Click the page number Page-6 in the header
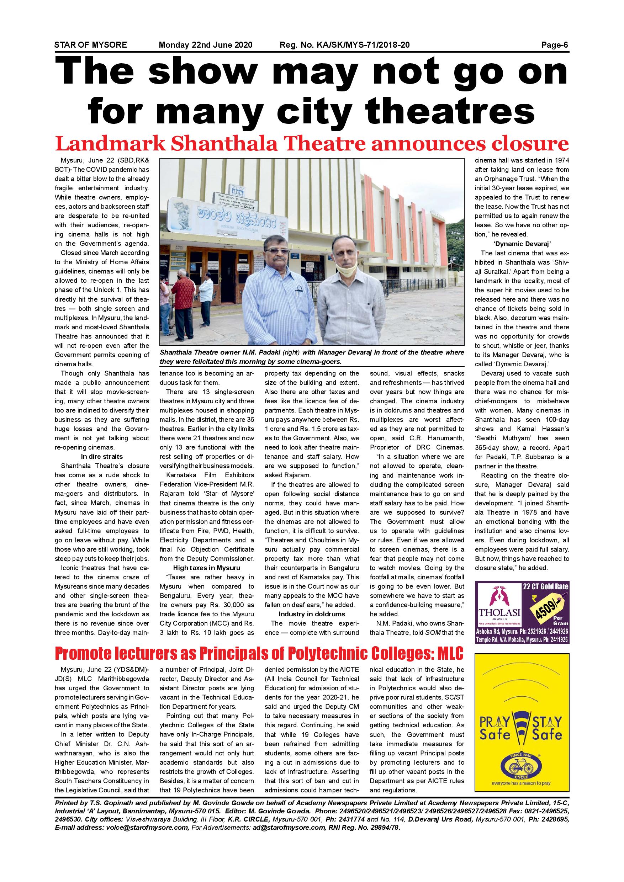coord(555,45)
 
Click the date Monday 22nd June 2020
coord(206,45)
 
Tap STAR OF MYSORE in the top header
coord(90,45)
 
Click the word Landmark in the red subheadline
coord(110,144)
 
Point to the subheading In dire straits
coord(102,457)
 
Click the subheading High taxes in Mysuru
coord(207,568)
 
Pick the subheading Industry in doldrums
coord(312,614)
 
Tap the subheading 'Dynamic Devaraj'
coord(522,244)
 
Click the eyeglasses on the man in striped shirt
coord(277,251)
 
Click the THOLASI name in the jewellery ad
coord(499,612)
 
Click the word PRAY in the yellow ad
coord(495,722)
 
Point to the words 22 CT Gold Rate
coord(545,586)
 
